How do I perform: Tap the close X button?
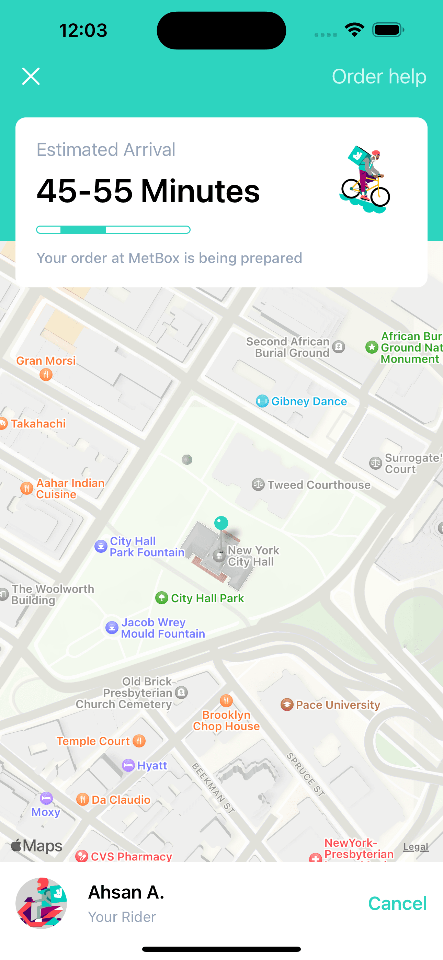click(31, 77)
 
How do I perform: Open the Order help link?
click(379, 77)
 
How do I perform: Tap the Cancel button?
click(397, 903)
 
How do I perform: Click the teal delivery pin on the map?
click(221, 523)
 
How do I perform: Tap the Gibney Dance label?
click(309, 401)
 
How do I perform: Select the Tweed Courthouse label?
click(319, 485)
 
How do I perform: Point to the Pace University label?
click(338, 705)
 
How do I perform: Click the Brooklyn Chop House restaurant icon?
click(226, 701)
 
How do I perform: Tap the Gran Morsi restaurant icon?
click(46, 375)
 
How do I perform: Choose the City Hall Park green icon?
click(161, 598)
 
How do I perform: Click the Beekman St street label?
click(213, 782)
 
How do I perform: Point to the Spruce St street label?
click(305, 774)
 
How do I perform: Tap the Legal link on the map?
click(416, 847)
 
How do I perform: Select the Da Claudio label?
click(121, 800)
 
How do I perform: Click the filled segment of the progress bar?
click(83, 230)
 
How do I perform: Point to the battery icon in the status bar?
click(388, 30)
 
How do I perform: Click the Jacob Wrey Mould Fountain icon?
click(112, 628)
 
